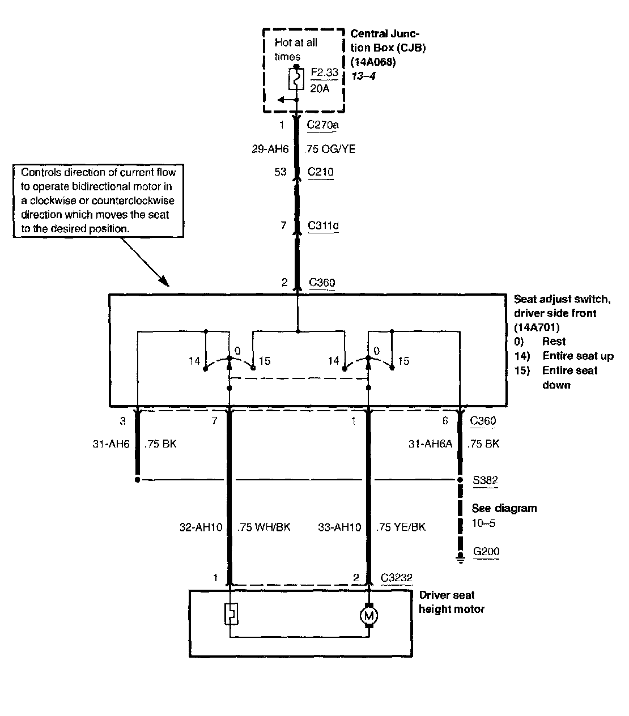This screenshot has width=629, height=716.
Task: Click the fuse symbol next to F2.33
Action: [x=296, y=79]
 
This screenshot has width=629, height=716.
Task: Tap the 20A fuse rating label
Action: [x=320, y=88]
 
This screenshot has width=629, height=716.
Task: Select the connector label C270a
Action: [x=322, y=125]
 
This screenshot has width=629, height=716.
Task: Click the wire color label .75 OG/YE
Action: [x=330, y=149]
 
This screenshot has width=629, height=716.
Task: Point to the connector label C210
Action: [x=320, y=172]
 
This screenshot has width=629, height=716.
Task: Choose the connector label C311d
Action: [x=323, y=225]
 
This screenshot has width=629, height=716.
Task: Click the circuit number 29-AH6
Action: [x=270, y=149]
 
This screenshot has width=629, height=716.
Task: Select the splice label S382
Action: [x=485, y=480]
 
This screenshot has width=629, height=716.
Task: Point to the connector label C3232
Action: [x=396, y=577]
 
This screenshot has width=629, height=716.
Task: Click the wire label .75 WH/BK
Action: [x=263, y=527]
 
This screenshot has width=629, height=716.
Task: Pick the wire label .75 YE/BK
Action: [x=401, y=527]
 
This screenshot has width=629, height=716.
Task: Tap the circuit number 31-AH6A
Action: [x=430, y=444]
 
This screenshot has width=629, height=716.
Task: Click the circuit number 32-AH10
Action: [x=201, y=527]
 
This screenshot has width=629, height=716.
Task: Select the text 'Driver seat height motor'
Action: [x=452, y=602]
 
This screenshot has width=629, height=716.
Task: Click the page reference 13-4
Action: [x=363, y=76]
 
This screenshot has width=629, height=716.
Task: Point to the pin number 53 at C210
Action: [x=280, y=172]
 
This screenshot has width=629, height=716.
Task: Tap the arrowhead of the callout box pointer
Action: [x=165, y=282]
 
